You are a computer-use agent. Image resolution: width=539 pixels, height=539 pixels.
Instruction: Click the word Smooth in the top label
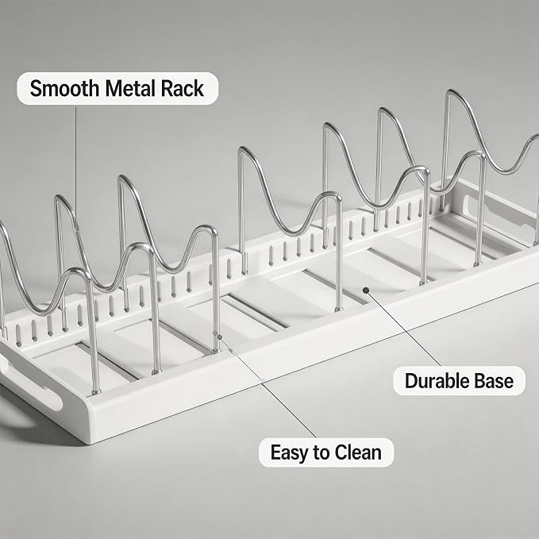(64, 89)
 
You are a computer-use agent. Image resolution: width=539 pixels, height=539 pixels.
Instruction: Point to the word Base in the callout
(494, 381)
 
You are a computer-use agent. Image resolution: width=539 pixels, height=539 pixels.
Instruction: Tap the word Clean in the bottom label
(358, 452)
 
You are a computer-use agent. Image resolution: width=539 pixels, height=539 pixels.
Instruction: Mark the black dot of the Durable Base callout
(366, 291)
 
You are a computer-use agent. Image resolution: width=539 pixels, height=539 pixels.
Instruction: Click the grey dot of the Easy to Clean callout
(220, 337)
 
